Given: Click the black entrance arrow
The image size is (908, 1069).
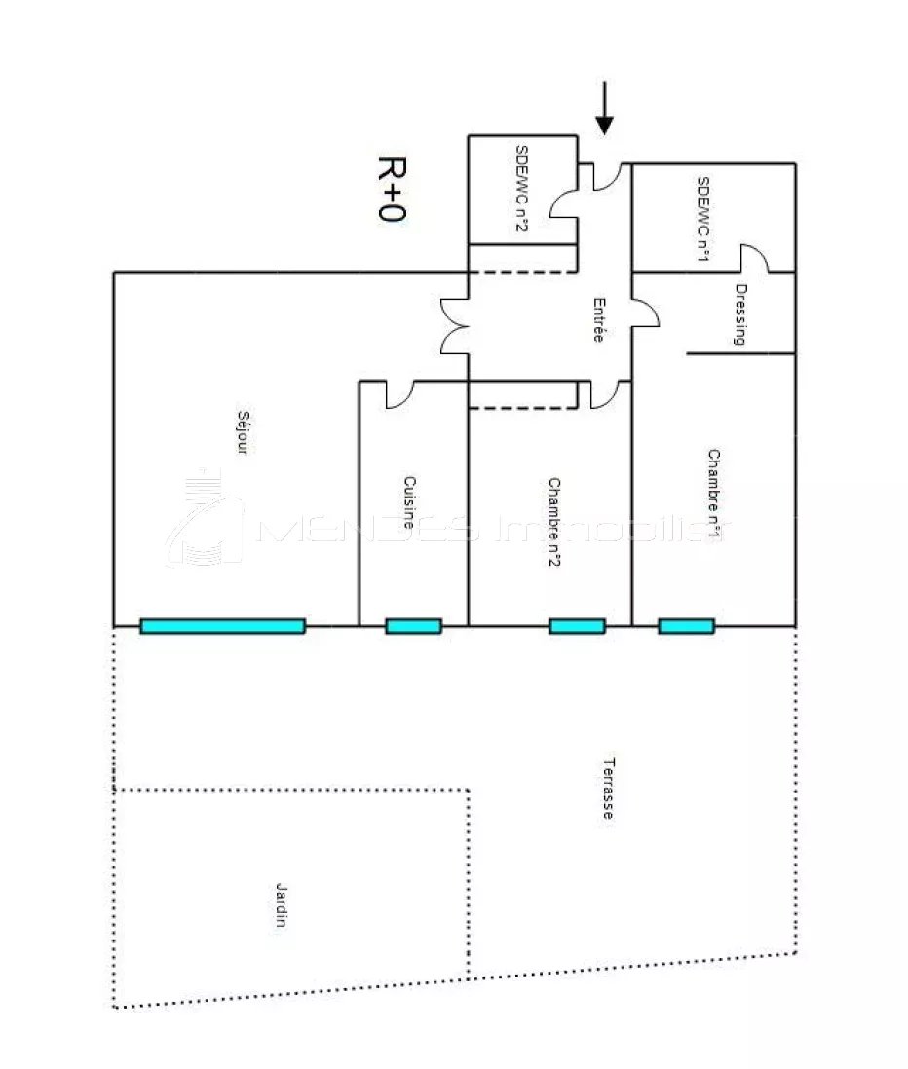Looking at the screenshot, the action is [x=604, y=108].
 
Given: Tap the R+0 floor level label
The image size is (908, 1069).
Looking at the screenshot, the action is [x=392, y=189].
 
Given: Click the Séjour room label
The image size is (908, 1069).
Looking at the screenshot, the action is [x=243, y=432].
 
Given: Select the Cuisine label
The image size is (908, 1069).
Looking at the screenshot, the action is [x=408, y=502].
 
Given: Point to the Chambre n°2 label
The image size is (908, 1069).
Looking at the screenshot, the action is [x=554, y=522].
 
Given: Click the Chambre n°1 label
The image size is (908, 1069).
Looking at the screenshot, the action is [x=713, y=493].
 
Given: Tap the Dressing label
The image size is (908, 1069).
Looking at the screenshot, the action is [x=740, y=314].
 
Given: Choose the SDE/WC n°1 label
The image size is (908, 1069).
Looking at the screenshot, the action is [x=703, y=218].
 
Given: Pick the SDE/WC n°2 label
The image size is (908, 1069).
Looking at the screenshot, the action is [x=521, y=188].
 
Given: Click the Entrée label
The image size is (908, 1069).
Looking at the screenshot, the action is [x=599, y=319].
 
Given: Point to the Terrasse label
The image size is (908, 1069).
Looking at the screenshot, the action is [x=608, y=788].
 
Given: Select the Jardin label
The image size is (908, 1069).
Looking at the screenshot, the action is [x=281, y=904].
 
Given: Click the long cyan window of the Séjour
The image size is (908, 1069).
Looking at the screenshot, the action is [x=222, y=626].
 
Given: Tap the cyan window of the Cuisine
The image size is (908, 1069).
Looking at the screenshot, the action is [x=413, y=626].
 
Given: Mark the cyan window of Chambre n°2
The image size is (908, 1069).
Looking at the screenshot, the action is [x=577, y=626].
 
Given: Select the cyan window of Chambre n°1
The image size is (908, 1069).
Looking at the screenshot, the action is [x=686, y=626].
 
